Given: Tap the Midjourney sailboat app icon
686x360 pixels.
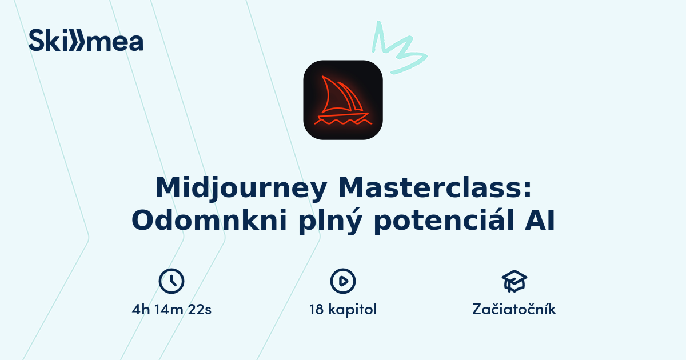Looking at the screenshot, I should pos(343,100).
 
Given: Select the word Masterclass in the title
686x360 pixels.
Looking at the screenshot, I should pos(429,188).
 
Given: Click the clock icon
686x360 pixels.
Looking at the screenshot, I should pos(171,281).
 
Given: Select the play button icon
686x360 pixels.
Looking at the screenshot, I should pos(343,281).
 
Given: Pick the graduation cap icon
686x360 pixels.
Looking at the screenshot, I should pos(514,281).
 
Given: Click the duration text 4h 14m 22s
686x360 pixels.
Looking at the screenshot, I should pos(171,310).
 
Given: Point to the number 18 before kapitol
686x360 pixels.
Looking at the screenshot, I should pos(317,310).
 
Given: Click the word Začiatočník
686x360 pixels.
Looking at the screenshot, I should pos(514,310).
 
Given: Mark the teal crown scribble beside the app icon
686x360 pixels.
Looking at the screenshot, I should pos(397,49).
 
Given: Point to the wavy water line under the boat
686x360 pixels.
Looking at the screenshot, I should pos(344,122).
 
